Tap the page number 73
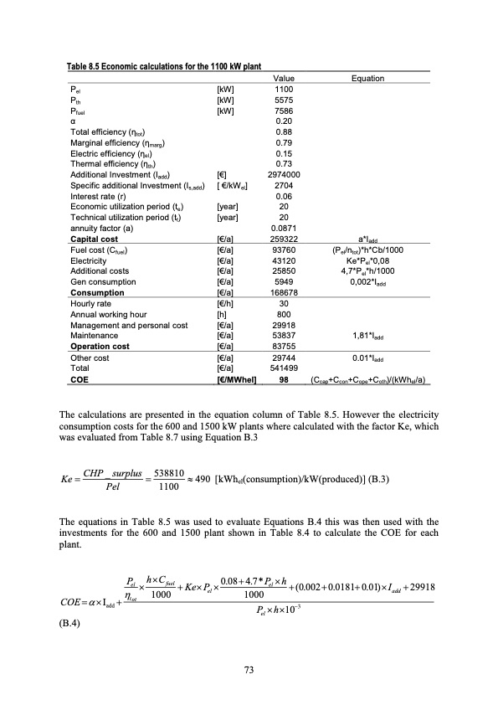(248, 668)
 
